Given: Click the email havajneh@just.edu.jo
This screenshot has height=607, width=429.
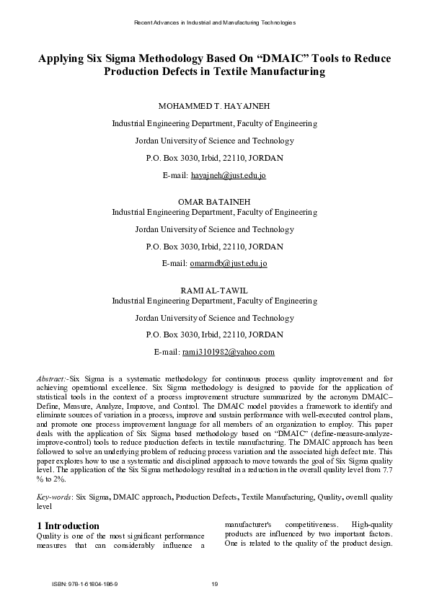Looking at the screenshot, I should coord(228,175).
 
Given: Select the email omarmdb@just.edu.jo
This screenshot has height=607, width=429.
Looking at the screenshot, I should coord(228,264).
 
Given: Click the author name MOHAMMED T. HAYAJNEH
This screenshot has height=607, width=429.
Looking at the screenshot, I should coord(214,106).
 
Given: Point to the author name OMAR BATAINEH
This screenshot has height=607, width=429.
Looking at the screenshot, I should coord(214,201).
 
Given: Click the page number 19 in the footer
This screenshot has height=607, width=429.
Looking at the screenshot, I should coord(214,583).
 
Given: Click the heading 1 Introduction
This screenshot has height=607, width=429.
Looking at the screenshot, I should coord(68,526).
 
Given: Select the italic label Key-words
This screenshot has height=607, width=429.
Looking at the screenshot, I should coord(54,477).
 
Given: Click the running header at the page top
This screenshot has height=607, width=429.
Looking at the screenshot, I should coord(214,23).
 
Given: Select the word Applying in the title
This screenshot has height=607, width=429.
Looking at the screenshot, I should coord(60,59).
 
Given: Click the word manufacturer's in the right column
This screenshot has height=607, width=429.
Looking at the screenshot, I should coord(247,525).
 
